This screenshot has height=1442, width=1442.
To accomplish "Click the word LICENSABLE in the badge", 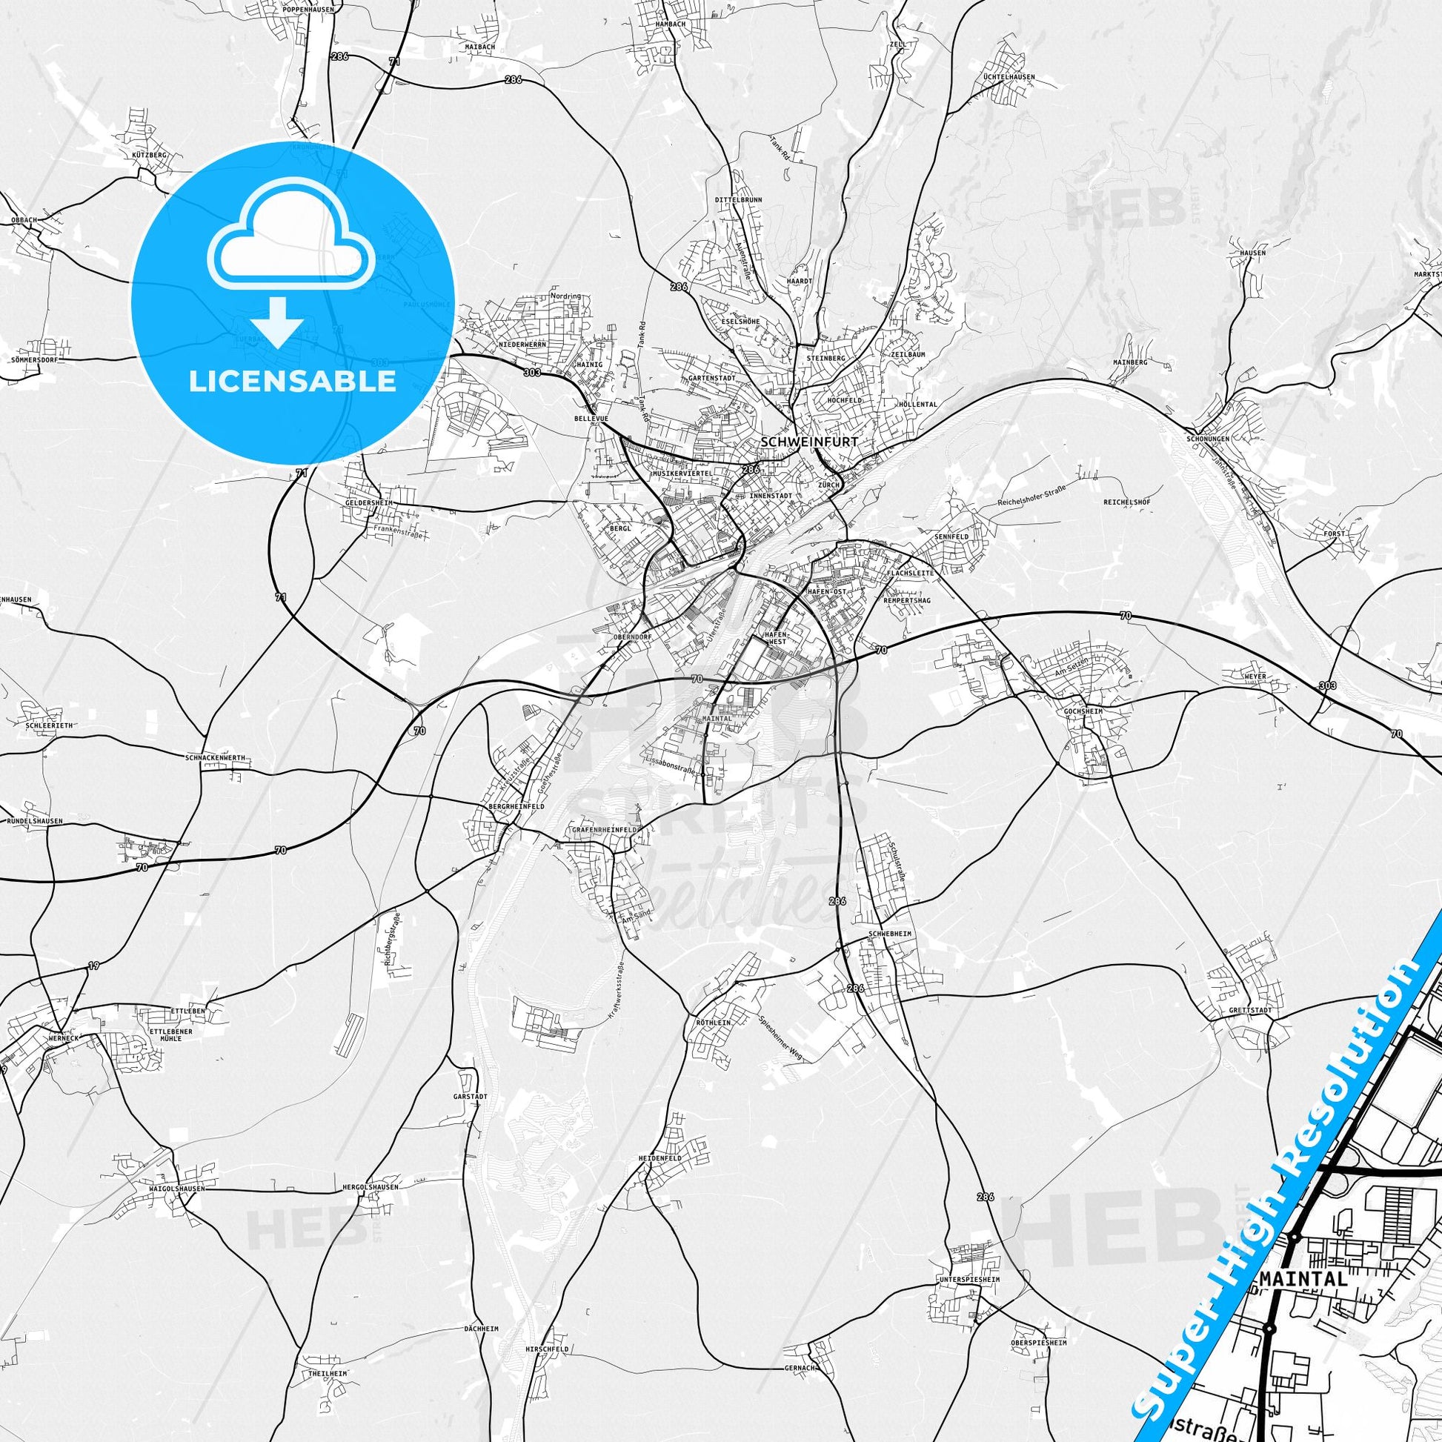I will coord(292,382).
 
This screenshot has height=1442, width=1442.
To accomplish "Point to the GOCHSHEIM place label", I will coord(1083,712).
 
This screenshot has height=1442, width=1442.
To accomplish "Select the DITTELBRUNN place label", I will coord(739,200).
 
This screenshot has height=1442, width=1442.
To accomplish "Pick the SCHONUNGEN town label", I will coord(1207,439).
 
